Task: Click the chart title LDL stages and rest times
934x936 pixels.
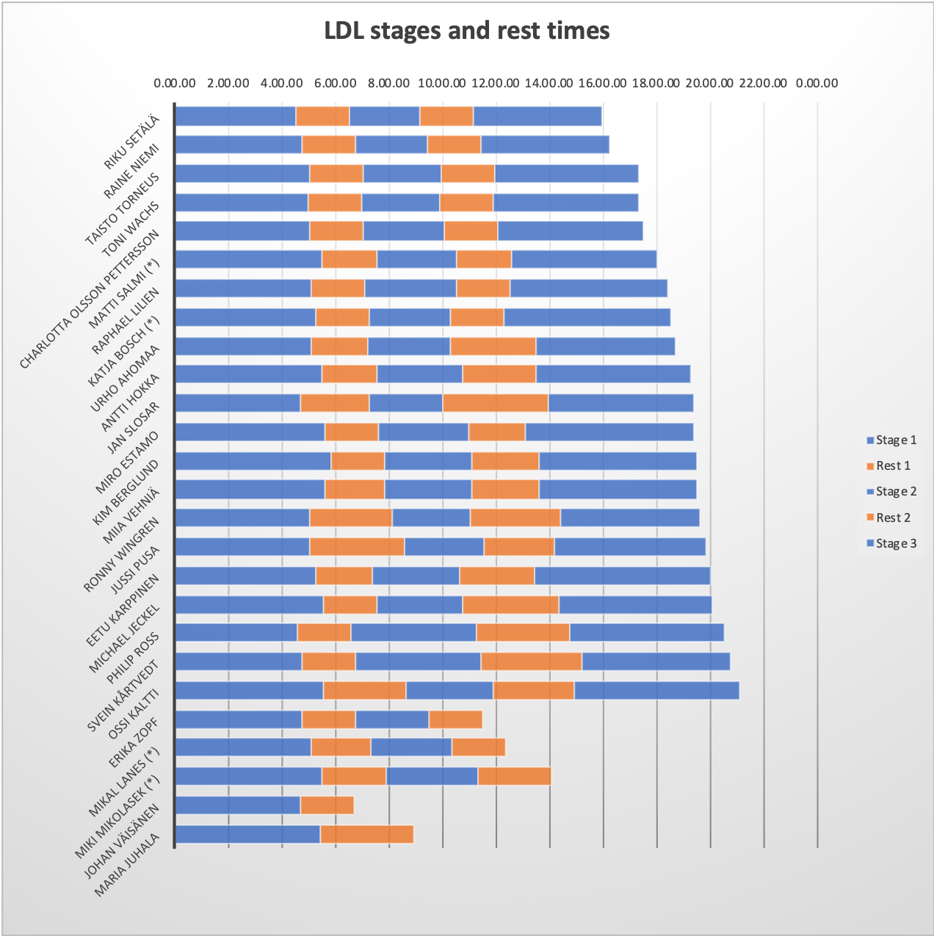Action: coord(467,31)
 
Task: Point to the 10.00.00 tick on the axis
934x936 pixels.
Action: coord(442,83)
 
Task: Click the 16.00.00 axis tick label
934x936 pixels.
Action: coord(603,83)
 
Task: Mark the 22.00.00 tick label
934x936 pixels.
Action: coord(764,83)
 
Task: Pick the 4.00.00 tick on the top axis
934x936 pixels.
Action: coord(282,83)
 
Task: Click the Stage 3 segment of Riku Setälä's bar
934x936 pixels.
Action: coord(537,116)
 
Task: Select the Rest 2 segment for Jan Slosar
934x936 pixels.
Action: coord(496,403)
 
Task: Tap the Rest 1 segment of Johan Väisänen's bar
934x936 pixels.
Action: coord(327,805)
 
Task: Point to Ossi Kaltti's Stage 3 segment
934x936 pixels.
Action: coord(656,691)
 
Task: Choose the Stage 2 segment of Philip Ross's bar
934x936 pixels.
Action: coord(413,633)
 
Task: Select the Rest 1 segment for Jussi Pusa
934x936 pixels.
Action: coord(357,547)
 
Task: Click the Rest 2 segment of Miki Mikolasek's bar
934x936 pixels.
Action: coord(514,776)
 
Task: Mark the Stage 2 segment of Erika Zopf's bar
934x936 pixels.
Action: coord(392,719)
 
